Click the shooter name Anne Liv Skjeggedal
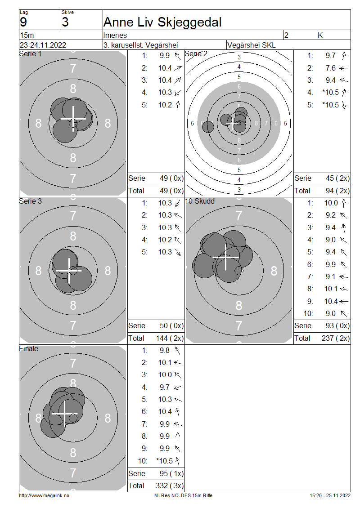click(162, 22)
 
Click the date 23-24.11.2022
click(43, 45)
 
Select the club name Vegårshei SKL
click(252, 45)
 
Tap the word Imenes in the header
click(115, 35)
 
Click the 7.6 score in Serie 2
click(330, 68)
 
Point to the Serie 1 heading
click(30, 54)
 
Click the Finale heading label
click(28, 348)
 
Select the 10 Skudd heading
click(200, 201)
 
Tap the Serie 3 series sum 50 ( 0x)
click(171, 325)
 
